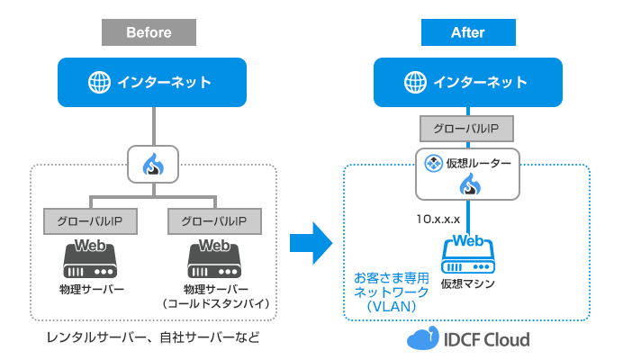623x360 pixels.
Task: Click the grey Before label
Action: [149, 32]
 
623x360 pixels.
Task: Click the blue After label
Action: [467, 32]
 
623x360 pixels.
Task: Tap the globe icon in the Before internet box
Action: [98, 83]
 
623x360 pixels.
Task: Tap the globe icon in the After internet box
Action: [416, 83]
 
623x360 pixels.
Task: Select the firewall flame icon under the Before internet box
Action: [154, 164]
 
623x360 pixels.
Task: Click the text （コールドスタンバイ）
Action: [214, 304]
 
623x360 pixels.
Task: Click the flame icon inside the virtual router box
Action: [467, 186]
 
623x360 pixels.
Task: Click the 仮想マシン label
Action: [466, 285]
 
